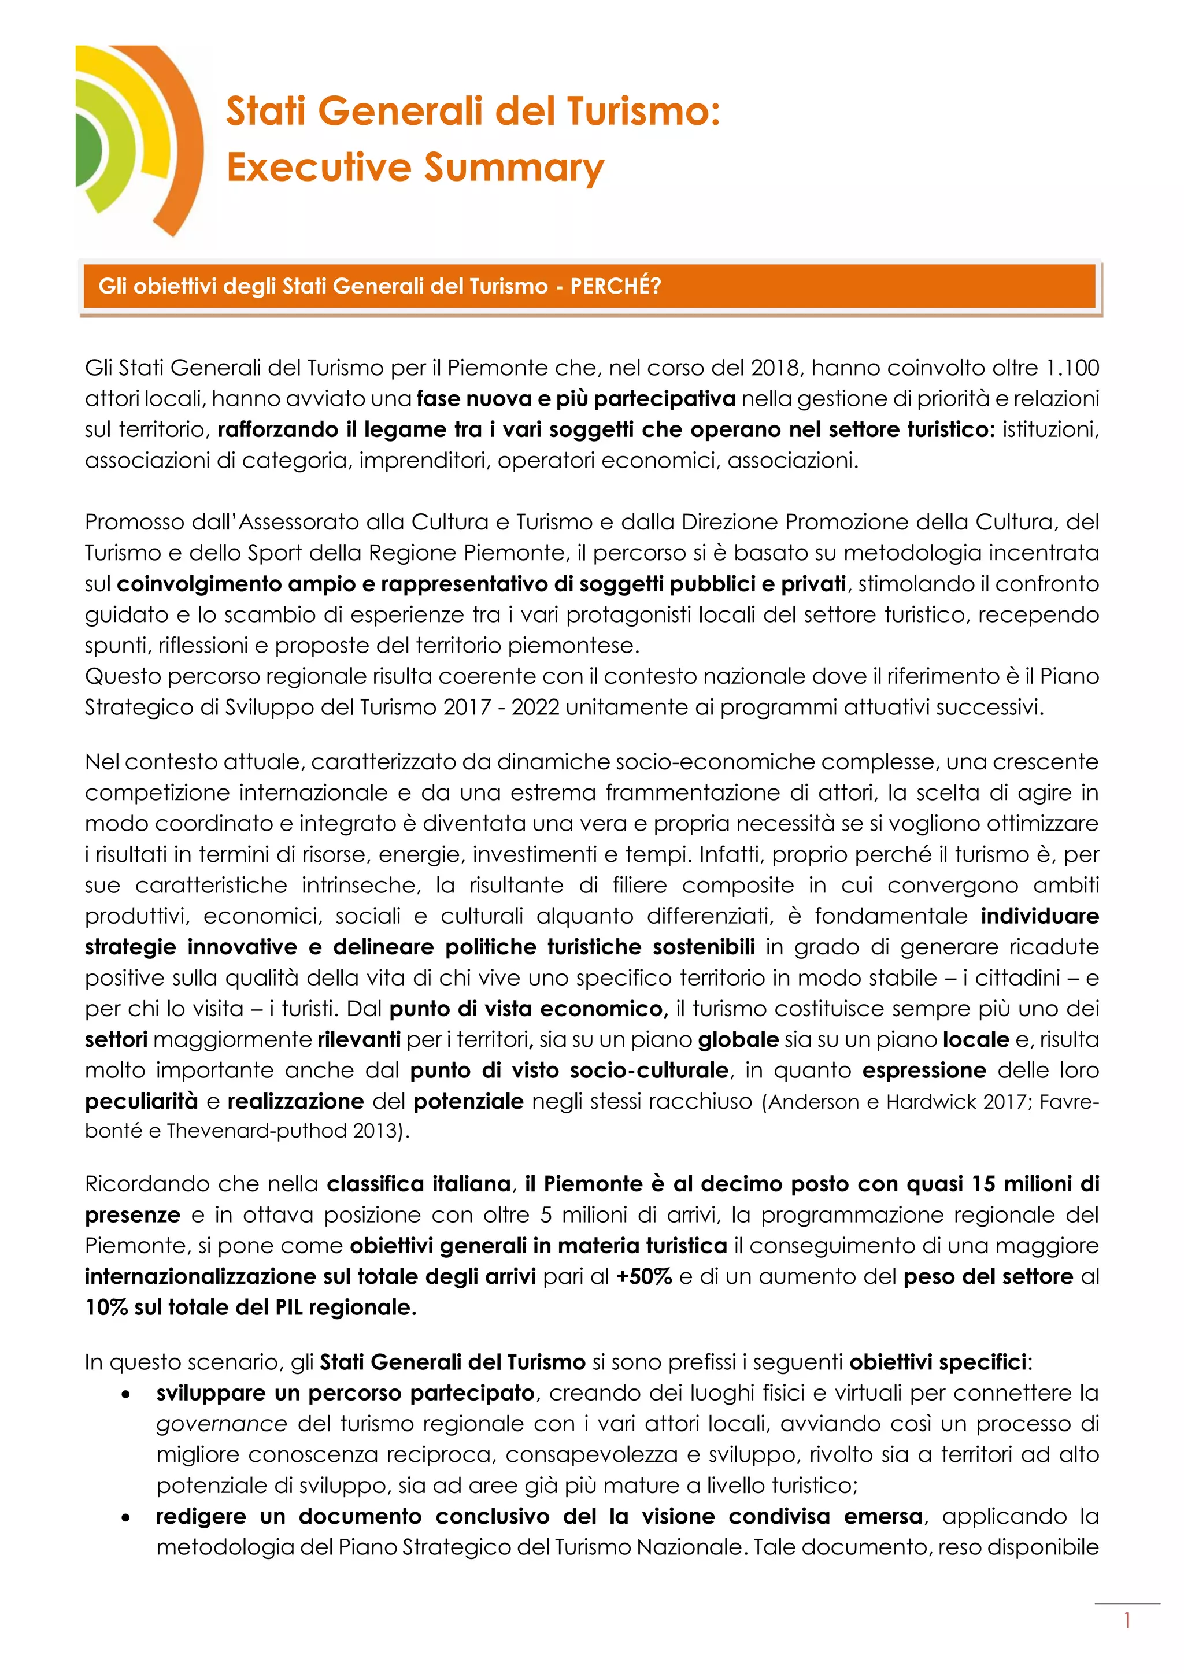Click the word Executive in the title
tap(319, 167)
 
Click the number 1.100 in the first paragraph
tap(1072, 368)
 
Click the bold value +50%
tap(644, 1277)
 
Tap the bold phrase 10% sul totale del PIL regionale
tap(251, 1308)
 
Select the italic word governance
tap(221, 1424)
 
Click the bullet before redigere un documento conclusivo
tap(126, 1517)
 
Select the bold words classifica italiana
tap(419, 1184)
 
